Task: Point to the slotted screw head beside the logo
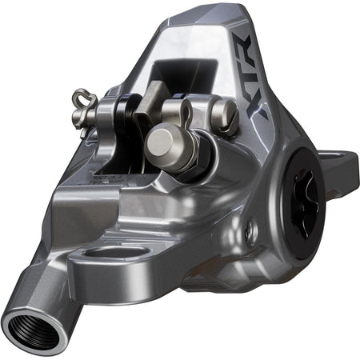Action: [226, 118]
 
